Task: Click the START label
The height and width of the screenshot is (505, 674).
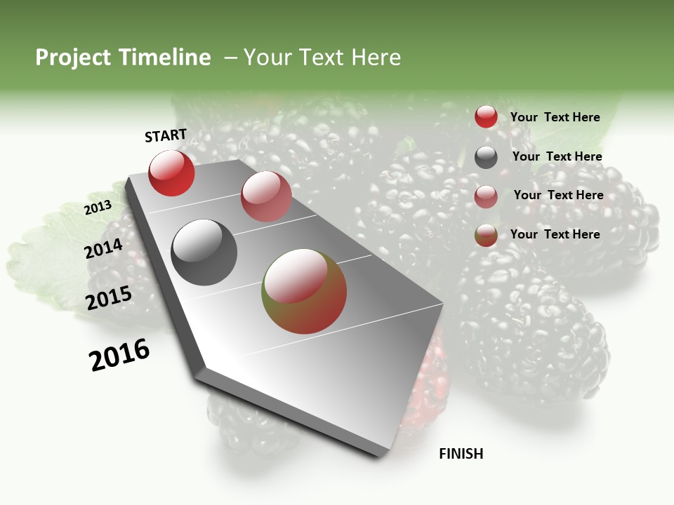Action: pos(166,135)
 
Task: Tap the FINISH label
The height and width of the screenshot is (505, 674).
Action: pos(461,454)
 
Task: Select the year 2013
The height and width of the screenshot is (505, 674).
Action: pos(98,208)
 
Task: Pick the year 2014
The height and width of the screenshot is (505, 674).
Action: pos(104,248)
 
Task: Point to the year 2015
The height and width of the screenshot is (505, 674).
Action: pos(109,298)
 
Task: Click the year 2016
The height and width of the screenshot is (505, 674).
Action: pos(119,355)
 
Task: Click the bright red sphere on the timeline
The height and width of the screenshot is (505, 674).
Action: pos(171,173)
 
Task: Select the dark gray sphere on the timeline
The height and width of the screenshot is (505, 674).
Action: pos(204,252)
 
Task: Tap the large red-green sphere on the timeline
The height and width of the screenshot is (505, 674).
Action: pos(304,291)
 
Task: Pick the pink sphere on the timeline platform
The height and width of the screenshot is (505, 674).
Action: pos(266,196)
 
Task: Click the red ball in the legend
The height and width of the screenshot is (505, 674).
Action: pos(486,117)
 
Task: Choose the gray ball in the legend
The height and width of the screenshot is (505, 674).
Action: pos(486,157)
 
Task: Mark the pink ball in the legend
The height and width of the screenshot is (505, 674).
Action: pos(486,196)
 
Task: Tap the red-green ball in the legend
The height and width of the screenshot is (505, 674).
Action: pos(486,236)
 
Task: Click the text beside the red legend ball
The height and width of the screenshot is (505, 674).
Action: pos(555,117)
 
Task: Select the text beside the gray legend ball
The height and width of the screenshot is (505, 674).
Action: pos(557,156)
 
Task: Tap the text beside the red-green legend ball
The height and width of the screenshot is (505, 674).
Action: pos(555,234)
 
